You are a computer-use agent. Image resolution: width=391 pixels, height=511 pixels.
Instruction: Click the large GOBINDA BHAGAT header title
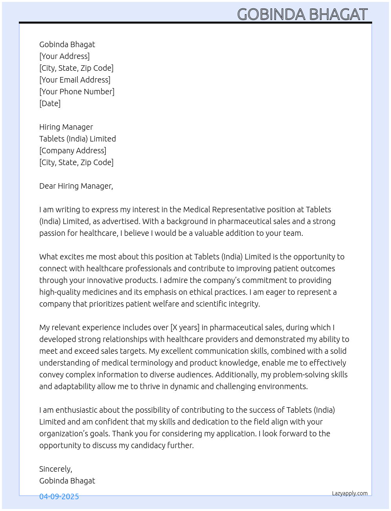point(302,14)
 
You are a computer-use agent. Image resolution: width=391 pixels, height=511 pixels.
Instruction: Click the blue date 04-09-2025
point(59,496)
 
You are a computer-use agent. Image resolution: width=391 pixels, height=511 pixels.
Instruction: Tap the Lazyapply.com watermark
point(350,493)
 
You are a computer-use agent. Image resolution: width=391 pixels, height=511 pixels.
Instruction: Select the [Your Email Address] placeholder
point(75,80)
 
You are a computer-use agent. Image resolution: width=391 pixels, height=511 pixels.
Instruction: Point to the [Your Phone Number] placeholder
point(77,92)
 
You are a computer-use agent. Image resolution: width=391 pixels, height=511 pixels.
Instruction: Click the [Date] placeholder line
point(50,103)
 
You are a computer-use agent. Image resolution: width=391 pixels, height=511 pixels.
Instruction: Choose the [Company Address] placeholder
point(73,151)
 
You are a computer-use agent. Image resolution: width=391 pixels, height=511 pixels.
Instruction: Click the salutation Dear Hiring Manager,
point(76,186)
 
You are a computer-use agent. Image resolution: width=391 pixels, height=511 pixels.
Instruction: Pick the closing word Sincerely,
point(55,469)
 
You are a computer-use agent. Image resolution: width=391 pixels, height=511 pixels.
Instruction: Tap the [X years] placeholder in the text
point(185,327)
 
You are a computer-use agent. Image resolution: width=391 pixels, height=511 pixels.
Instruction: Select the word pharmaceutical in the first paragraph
point(243,221)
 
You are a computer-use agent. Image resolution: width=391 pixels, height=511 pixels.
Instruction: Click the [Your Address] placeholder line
point(64,56)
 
